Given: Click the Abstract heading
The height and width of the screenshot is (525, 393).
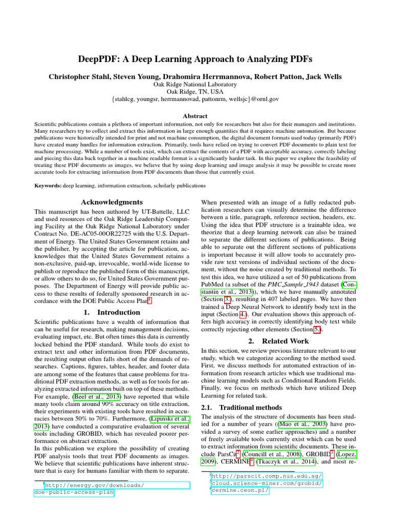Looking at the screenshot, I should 196,116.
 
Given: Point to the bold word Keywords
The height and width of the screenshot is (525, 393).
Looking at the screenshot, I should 48,185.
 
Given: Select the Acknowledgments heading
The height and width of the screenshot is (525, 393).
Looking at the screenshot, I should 112,202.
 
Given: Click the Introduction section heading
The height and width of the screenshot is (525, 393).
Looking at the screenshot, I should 112,312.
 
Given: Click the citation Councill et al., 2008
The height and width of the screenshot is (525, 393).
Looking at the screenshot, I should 270,454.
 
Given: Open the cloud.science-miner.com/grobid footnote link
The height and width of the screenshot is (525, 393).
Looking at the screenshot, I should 267,483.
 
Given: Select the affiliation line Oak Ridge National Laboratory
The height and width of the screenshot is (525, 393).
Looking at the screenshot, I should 196,84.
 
